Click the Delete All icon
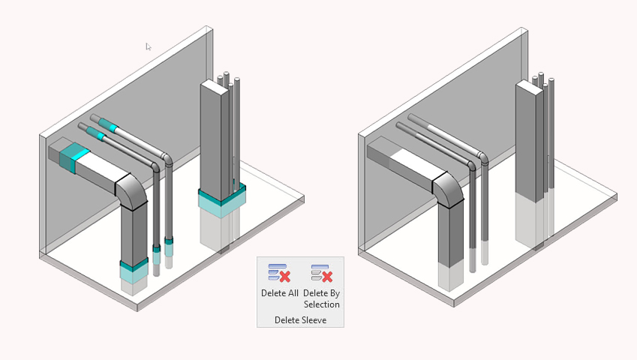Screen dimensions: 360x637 tap(278, 272)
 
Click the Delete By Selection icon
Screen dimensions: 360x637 tap(321, 272)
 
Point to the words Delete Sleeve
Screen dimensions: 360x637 tap(300, 320)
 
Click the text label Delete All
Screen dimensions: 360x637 tap(280, 292)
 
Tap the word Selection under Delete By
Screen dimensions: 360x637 tap(322, 304)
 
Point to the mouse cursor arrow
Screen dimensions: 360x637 tap(148, 46)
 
